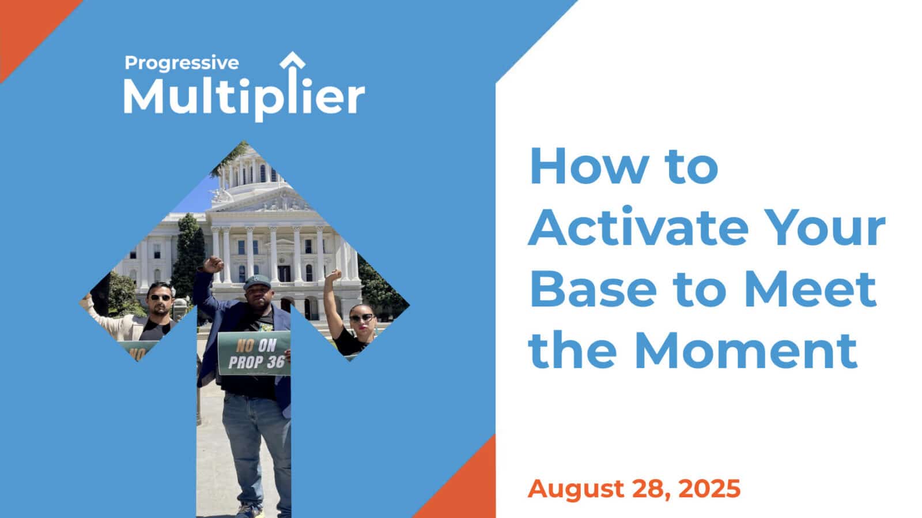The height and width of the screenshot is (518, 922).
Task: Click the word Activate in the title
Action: [638, 227]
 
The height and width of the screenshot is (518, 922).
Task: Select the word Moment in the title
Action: [746, 351]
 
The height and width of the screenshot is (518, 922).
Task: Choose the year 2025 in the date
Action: [709, 489]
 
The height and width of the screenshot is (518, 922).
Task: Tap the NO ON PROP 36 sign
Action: [254, 354]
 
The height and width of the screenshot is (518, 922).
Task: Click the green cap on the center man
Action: [257, 282]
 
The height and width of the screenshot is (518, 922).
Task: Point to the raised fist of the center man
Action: [214, 264]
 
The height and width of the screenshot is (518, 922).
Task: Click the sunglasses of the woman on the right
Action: [362, 318]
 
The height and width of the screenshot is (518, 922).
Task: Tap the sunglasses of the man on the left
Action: [161, 297]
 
